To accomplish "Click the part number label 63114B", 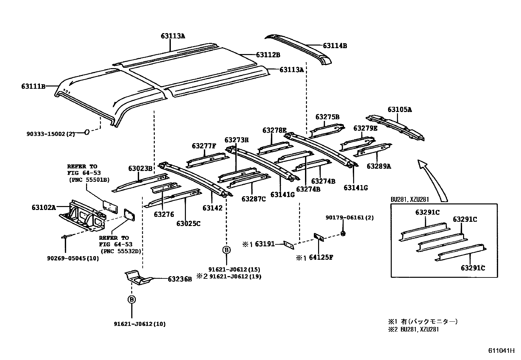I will pyautogui.click(x=335, y=46).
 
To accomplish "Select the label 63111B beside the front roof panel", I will pyautogui.click(x=33, y=86).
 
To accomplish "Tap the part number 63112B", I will pyautogui.click(x=268, y=55).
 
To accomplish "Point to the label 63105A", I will pyautogui.click(x=400, y=110).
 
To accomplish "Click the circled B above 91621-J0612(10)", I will pyautogui.click(x=132, y=299).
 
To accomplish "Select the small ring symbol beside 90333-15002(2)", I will pyautogui.click(x=87, y=132).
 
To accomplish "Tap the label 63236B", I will pyautogui.click(x=180, y=279).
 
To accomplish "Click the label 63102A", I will pyautogui.click(x=44, y=207).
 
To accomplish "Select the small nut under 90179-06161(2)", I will pyautogui.click(x=343, y=234).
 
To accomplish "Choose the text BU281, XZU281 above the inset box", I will pyautogui.click(x=410, y=199).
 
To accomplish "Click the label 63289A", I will pyautogui.click(x=379, y=166).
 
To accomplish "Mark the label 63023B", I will pyautogui.click(x=140, y=168).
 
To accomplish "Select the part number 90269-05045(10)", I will pyautogui.click(x=73, y=258).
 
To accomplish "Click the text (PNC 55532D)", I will pyautogui.click(x=122, y=251).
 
